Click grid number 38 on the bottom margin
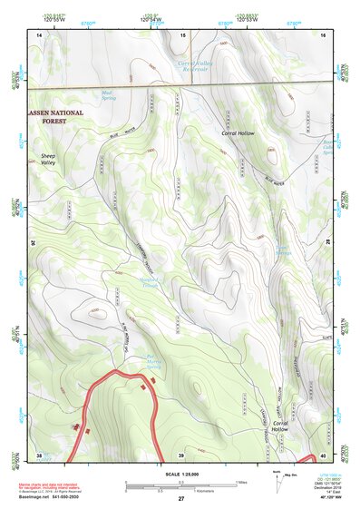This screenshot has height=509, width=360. pyautogui.click(x=39, y=455)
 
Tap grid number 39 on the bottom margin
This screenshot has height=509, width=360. pyautogui.click(x=181, y=455)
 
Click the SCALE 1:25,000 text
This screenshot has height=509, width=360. pyautogui.click(x=180, y=474)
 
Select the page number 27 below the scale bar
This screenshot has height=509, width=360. pyautogui.click(x=181, y=499)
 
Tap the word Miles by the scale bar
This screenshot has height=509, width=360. pyautogui.click(x=240, y=481)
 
